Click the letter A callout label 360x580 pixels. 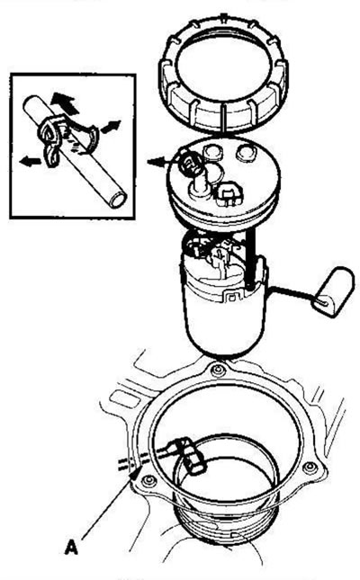coord(71,547)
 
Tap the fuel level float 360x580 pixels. coord(333,292)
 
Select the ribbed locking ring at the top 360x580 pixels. coord(224,73)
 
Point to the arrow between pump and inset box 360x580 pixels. coord(160,162)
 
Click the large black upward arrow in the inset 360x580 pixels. coord(65,103)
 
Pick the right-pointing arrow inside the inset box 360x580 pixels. coord(111,127)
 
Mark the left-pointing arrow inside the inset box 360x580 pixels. coord(30,161)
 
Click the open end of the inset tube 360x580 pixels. coord(119,200)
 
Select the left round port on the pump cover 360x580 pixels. coord(212,152)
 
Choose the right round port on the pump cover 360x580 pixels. coord(246,152)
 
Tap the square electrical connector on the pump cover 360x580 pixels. coord(229,194)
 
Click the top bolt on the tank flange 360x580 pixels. coord(218,370)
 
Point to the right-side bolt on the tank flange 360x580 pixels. coord(310,468)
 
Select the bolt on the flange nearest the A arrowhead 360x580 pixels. coord(148,481)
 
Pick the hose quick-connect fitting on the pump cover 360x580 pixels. coord(190,163)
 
